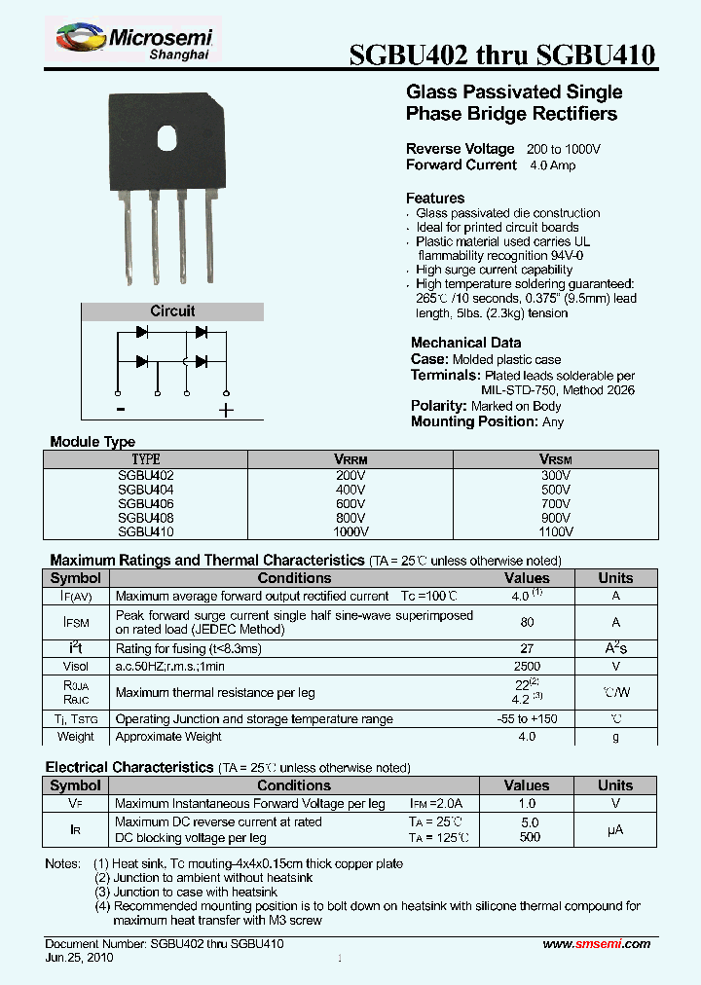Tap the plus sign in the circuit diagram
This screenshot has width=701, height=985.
(x=226, y=410)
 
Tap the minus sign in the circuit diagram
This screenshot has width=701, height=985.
(x=118, y=409)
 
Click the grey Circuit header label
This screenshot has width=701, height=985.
(x=172, y=311)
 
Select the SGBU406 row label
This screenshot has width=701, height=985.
(x=145, y=504)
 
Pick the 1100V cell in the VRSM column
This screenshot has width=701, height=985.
(x=555, y=532)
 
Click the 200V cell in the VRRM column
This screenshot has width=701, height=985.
(x=350, y=476)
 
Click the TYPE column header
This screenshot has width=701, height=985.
(x=145, y=459)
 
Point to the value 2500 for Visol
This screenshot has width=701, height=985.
(x=527, y=667)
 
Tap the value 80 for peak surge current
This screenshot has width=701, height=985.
(x=527, y=622)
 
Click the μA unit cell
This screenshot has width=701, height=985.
(x=614, y=829)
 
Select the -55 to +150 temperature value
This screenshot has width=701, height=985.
(x=527, y=719)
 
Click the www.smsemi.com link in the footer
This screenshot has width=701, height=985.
(x=596, y=944)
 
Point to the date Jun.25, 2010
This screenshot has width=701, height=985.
(x=79, y=958)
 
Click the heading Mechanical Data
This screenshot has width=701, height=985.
(x=465, y=343)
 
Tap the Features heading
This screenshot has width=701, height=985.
(x=435, y=198)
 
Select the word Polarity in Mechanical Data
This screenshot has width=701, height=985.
(x=438, y=406)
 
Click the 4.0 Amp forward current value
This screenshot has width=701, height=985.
(x=552, y=165)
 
